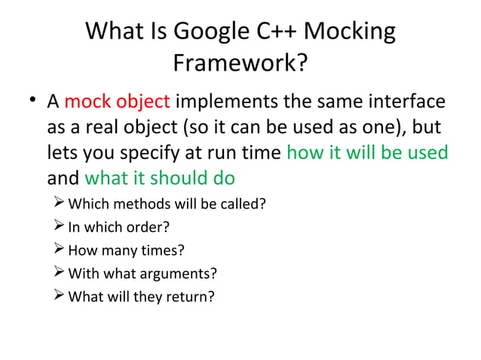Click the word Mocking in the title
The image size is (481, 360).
[x=349, y=32]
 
